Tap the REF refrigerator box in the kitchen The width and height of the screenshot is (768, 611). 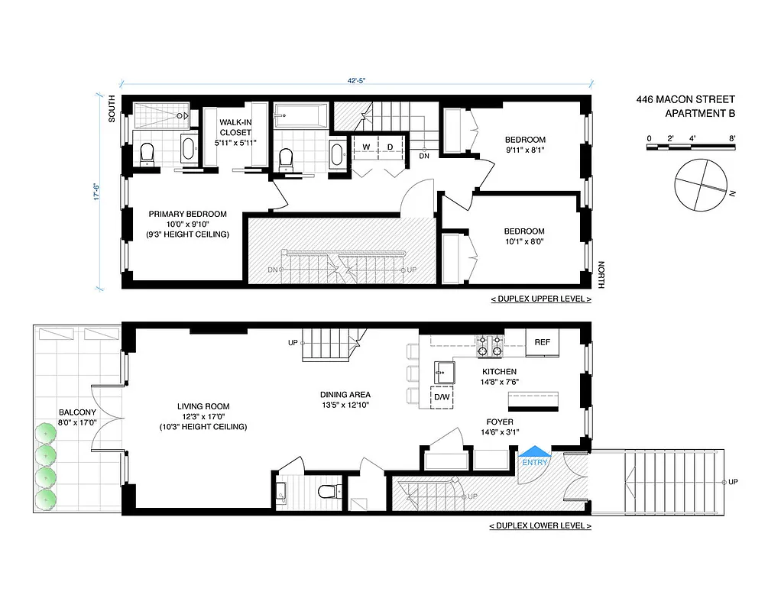(x=543, y=342)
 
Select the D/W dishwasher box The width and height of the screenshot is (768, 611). (x=442, y=397)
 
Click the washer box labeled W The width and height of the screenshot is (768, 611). (x=366, y=147)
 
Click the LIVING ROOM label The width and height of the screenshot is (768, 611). (x=203, y=406)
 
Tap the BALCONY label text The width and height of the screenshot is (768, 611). (x=78, y=412)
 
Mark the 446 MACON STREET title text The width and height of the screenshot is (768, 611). (x=685, y=99)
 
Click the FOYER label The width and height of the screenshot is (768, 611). (x=500, y=421)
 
